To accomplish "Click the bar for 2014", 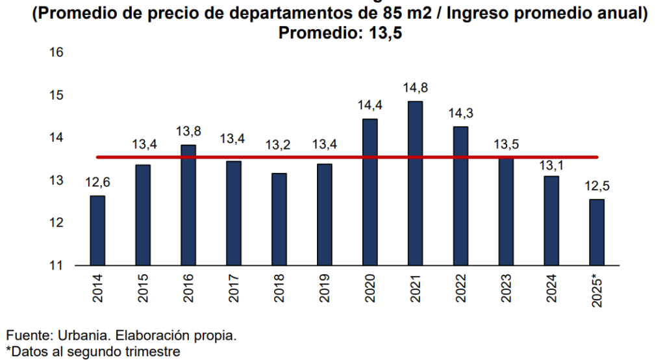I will pos(97,231).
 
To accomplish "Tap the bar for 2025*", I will pos(596,233).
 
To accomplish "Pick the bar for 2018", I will pos(279,220).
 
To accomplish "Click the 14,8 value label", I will pos(415,88).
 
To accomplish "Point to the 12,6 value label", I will pos(97,183).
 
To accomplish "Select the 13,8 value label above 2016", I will pos(188,131).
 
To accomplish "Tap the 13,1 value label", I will pos(551,165).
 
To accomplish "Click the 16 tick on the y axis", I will pos(56,53).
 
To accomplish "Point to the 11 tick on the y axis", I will pos(56,265).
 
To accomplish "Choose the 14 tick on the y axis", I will pos(56,138).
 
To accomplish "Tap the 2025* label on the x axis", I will pos(597,291).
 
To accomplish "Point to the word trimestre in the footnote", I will pos(150,352).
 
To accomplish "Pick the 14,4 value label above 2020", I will pos(370,105).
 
